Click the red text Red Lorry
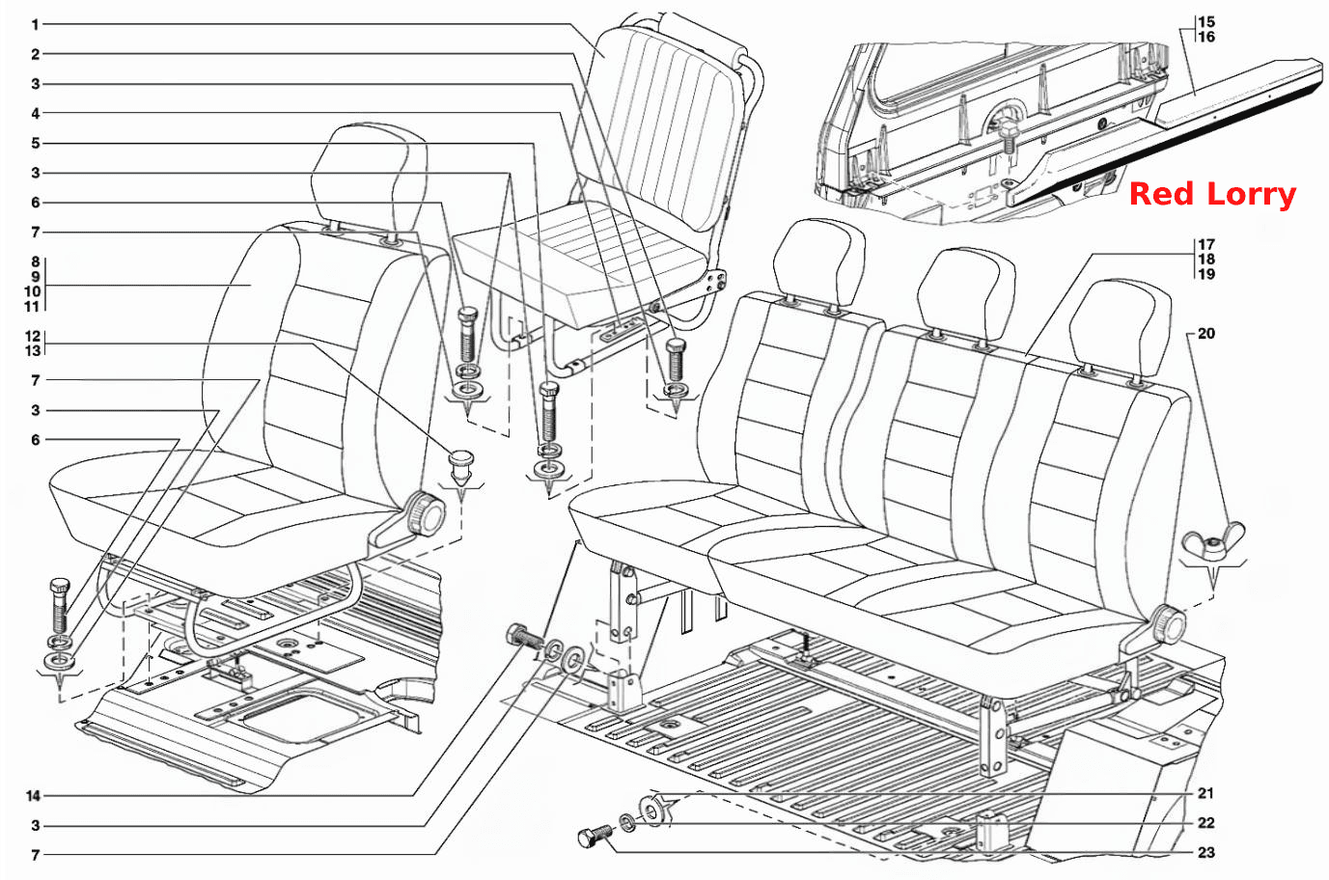[x=1213, y=195]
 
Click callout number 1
[x=35, y=25]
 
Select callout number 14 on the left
[x=33, y=796]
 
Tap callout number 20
[x=1206, y=334]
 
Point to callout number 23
[x=1206, y=853]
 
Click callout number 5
[x=36, y=144]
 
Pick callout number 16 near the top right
[x=1206, y=37]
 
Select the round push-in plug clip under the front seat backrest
[x=461, y=465]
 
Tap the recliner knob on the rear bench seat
[x=1168, y=625]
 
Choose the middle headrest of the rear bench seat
[x=965, y=294]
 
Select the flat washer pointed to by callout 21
[x=652, y=811]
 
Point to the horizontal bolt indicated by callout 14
[x=523, y=637]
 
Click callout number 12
[x=33, y=336]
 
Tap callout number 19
[x=1206, y=275]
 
